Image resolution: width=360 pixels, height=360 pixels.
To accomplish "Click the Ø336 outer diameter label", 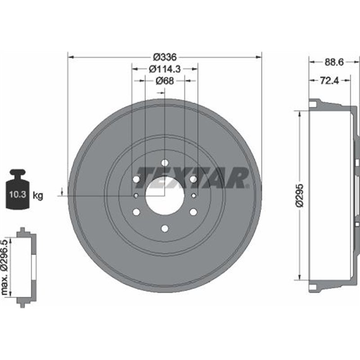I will (x=164, y=57).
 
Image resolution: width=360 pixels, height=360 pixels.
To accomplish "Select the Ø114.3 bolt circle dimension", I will (x=164, y=69).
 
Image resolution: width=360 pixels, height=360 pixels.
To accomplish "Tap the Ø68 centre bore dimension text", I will (x=165, y=81).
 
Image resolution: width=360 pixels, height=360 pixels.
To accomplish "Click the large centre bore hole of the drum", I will (x=165, y=195).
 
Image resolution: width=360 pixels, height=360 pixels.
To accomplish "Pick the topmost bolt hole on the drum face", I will (x=165, y=162).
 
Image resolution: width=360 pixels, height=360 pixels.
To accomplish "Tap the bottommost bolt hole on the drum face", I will (x=165, y=228).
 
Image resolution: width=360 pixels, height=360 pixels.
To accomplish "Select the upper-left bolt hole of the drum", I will (x=136, y=179).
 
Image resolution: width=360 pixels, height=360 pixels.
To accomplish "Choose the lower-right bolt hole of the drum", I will (x=193, y=211).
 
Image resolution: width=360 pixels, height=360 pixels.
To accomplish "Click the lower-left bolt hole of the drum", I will (x=136, y=211).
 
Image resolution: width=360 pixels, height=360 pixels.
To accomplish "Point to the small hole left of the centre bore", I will (x=136, y=195).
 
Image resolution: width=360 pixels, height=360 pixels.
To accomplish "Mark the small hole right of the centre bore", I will (x=193, y=195).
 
